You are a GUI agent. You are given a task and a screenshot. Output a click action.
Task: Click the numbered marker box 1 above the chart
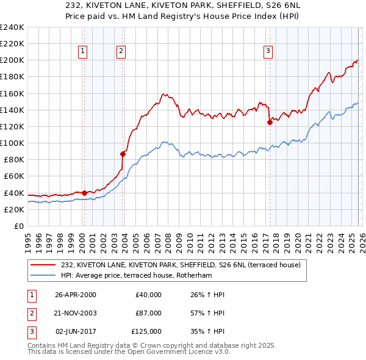click(x=82, y=51)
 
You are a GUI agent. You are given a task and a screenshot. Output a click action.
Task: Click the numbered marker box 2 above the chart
click(x=121, y=51)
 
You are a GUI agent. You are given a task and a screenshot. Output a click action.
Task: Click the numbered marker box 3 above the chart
click(x=268, y=51)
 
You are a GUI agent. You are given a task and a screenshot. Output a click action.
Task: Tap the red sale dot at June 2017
click(x=269, y=122)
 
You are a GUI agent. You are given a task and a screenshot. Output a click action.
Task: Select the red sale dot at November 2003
click(x=123, y=154)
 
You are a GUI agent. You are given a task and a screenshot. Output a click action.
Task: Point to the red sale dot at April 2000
click(x=84, y=193)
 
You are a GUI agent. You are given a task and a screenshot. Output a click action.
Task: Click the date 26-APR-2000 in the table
click(x=75, y=295)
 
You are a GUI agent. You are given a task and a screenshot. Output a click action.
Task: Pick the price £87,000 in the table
click(x=148, y=313)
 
